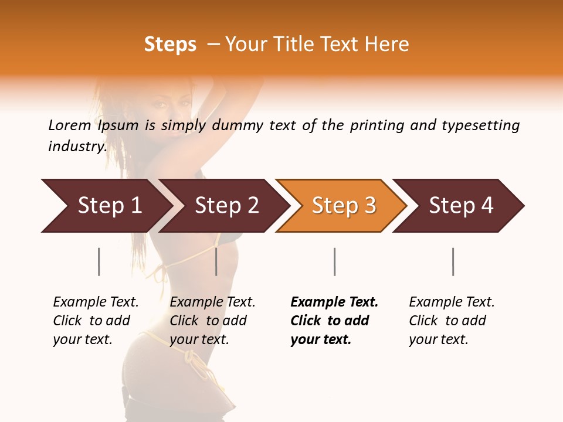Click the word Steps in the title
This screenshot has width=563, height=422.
(170, 45)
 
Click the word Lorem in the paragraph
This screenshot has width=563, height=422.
(70, 125)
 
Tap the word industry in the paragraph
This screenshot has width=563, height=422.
(77, 147)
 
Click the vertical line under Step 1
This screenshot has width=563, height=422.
(99, 261)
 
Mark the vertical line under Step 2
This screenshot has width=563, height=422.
(216, 261)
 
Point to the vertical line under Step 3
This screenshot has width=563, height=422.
(334, 261)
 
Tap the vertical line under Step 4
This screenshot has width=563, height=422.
(453, 261)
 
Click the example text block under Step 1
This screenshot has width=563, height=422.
(96, 321)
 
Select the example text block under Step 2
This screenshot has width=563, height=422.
(212, 321)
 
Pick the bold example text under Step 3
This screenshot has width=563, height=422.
(334, 321)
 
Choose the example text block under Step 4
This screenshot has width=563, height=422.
(452, 321)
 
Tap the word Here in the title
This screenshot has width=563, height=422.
(389, 45)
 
